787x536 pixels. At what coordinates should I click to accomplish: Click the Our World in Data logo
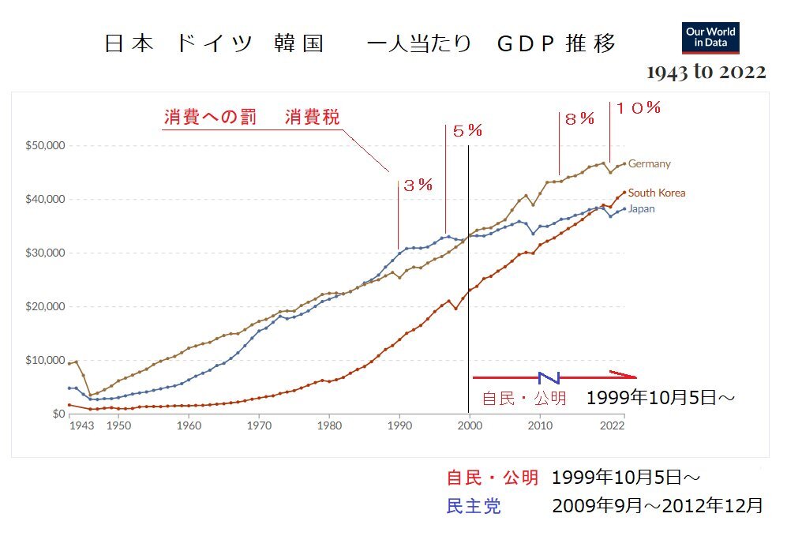(710, 37)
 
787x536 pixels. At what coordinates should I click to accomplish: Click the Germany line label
(649, 164)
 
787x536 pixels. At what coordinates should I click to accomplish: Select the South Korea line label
(657, 193)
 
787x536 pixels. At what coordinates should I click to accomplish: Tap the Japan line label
(641, 209)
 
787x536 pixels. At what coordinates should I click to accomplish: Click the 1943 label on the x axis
(81, 426)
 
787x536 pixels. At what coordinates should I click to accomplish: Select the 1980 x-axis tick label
(329, 426)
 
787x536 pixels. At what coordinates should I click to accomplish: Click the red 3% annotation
(418, 186)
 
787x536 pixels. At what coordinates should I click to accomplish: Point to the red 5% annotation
(467, 131)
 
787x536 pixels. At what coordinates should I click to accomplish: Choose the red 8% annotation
(579, 119)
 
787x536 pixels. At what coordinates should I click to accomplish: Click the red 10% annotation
(638, 107)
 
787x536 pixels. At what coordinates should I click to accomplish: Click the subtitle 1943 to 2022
(706, 73)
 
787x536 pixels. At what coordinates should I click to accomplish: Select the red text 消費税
(312, 118)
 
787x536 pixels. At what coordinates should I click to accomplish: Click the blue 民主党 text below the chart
(474, 506)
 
